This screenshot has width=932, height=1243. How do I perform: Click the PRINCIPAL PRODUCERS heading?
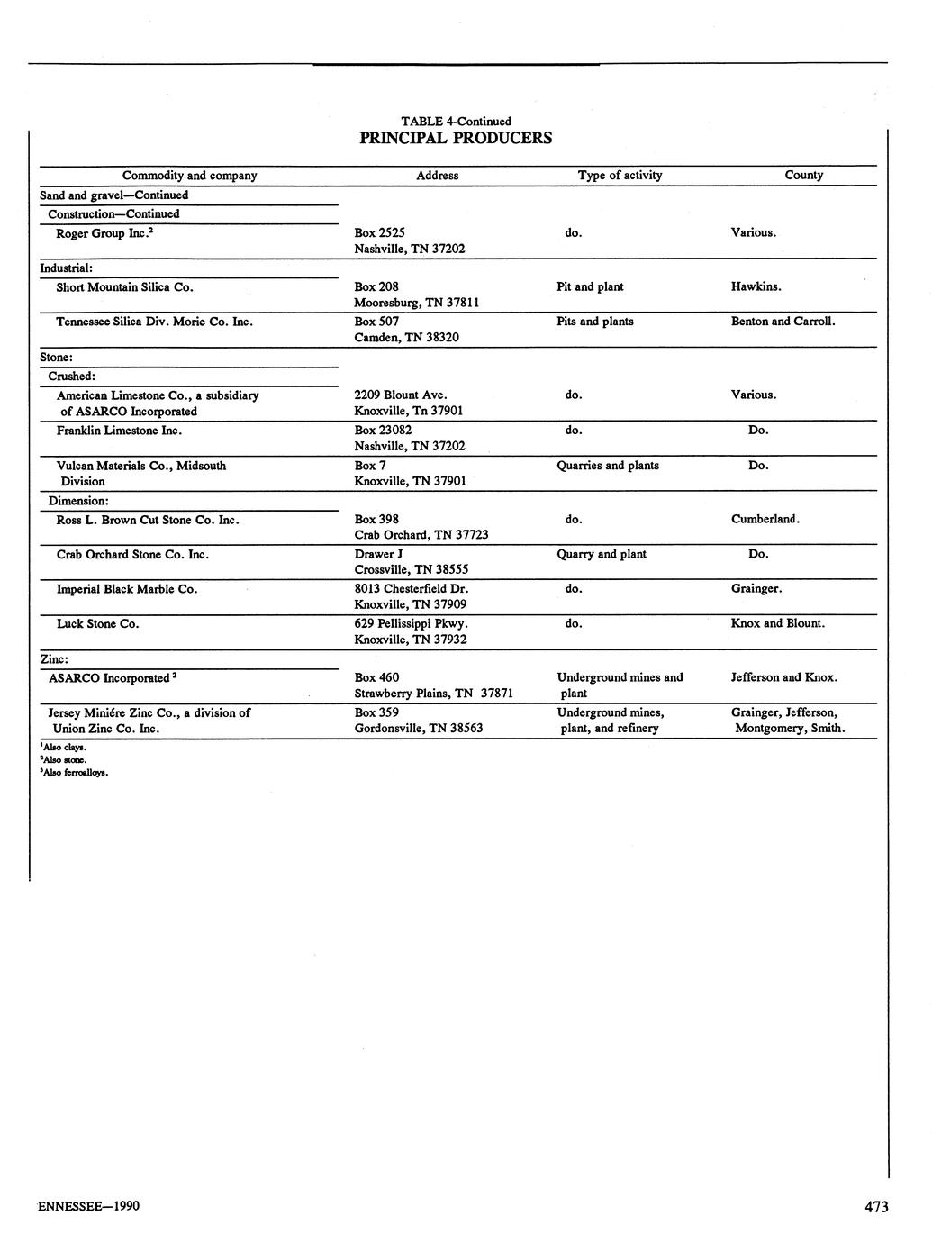pos(456,138)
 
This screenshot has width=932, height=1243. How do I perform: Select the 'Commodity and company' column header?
pos(189,176)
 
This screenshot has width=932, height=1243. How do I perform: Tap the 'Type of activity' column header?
pos(620,176)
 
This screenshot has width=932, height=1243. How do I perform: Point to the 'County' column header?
pos(803,176)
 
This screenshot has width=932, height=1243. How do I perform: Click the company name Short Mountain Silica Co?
pos(125,287)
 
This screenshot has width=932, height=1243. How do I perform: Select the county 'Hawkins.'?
pos(756,287)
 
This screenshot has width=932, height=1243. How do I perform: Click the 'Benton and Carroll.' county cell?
pos(783,322)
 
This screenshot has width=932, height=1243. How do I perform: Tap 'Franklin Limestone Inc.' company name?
pos(120,431)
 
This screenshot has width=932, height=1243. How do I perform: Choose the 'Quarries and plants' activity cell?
pos(608,466)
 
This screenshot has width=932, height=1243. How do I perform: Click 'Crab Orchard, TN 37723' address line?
pos(421,535)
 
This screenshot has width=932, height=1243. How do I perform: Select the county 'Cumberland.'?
pos(765,520)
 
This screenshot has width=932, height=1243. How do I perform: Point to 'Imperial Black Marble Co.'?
pos(127,589)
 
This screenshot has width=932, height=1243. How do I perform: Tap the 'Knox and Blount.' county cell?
pos(778,623)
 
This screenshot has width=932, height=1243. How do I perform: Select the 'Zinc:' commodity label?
pos(54,660)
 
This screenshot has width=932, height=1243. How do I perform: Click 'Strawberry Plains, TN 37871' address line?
pos(434,694)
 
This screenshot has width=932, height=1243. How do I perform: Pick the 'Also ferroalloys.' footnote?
pos(75,772)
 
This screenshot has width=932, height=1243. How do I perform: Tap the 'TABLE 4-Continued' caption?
pos(456,121)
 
